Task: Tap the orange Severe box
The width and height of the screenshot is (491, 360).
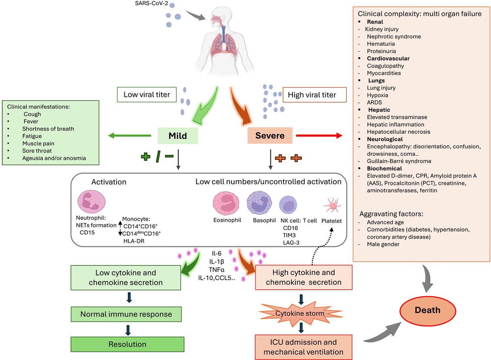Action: pyautogui.click(x=270, y=135)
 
